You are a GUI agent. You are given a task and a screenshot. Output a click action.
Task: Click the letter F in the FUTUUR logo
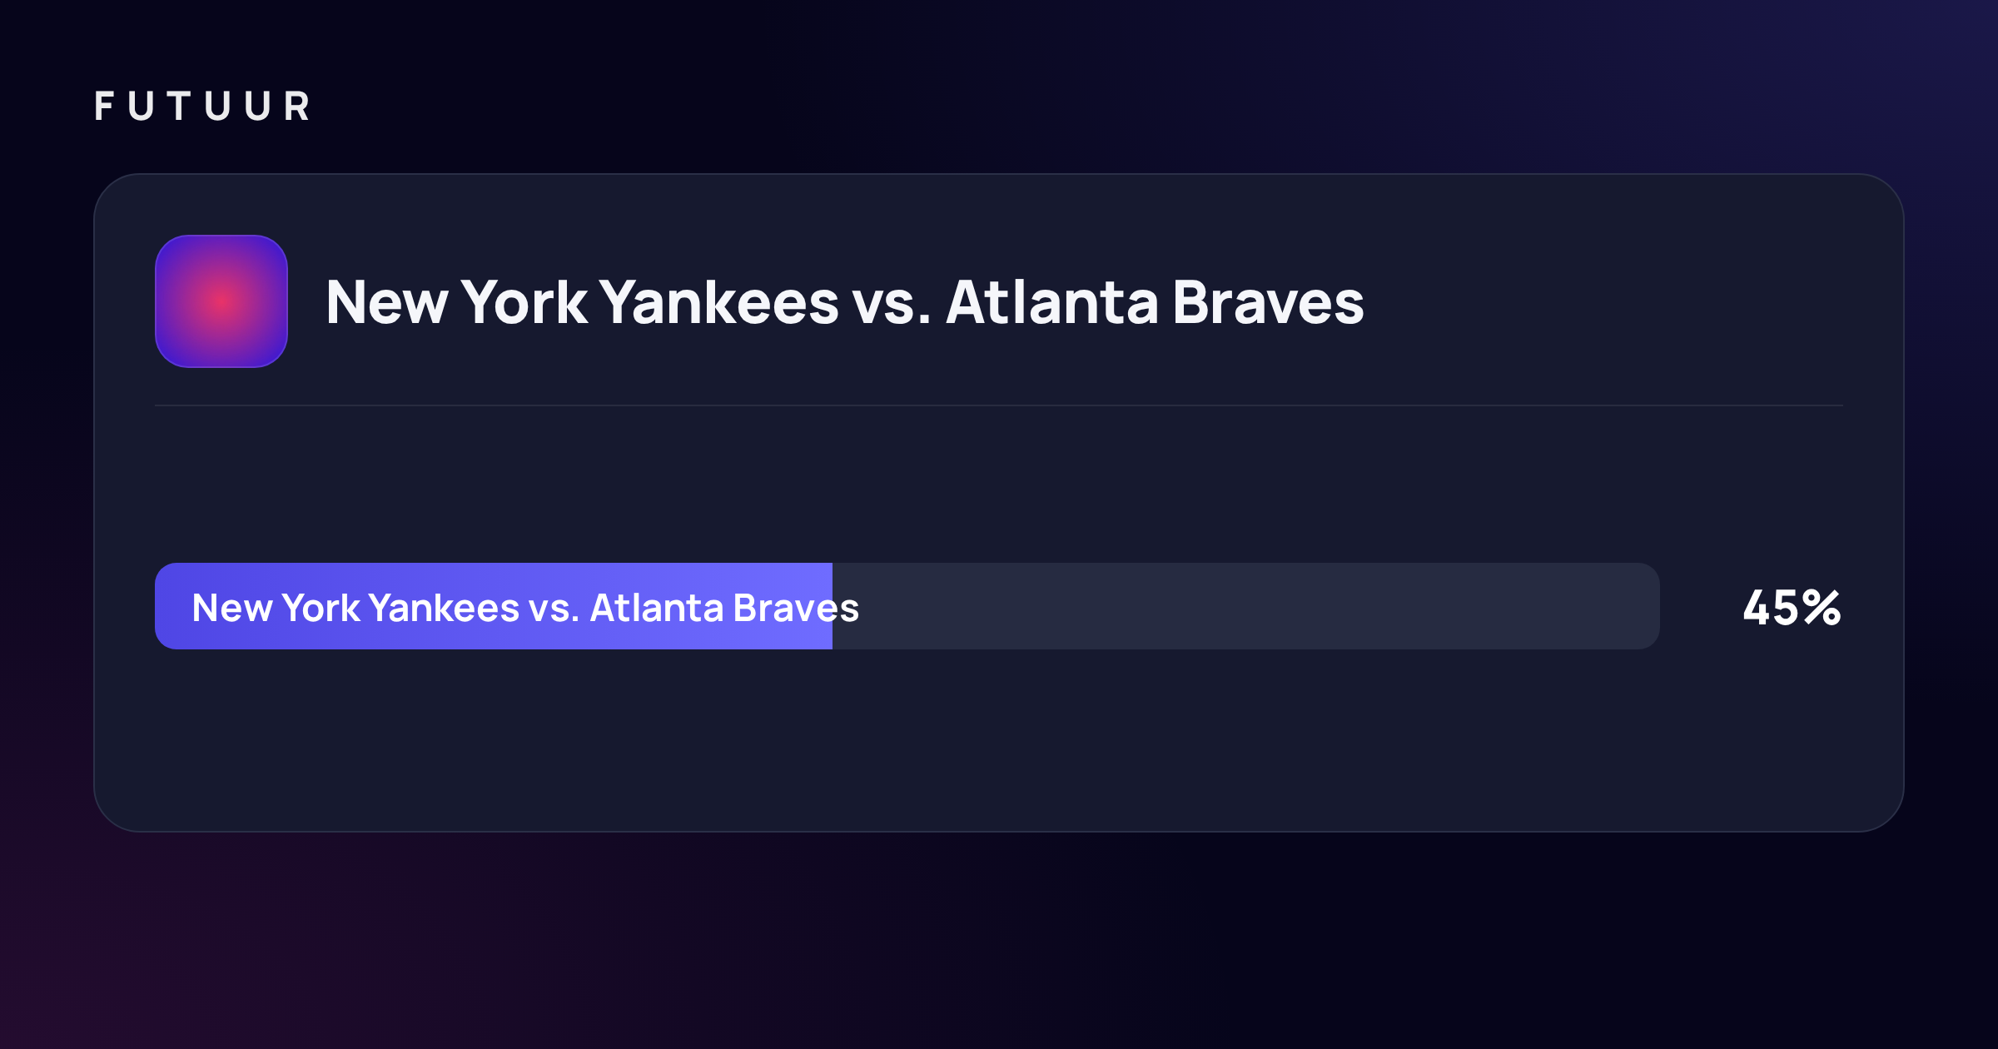(104, 106)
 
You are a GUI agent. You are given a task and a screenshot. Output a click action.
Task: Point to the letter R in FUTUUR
(296, 106)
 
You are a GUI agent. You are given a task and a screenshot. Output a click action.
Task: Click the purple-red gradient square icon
(221, 301)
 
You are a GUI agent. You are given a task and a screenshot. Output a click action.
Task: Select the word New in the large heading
(387, 302)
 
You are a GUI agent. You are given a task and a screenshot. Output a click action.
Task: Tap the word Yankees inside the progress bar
(445, 608)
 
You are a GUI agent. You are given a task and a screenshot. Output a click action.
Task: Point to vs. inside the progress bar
(554, 611)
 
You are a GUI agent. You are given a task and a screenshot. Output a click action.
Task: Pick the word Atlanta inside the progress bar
(657, 608)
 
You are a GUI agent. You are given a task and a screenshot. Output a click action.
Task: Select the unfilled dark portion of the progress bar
(1246, 606)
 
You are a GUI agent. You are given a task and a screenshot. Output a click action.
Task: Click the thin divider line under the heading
(999, 405)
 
